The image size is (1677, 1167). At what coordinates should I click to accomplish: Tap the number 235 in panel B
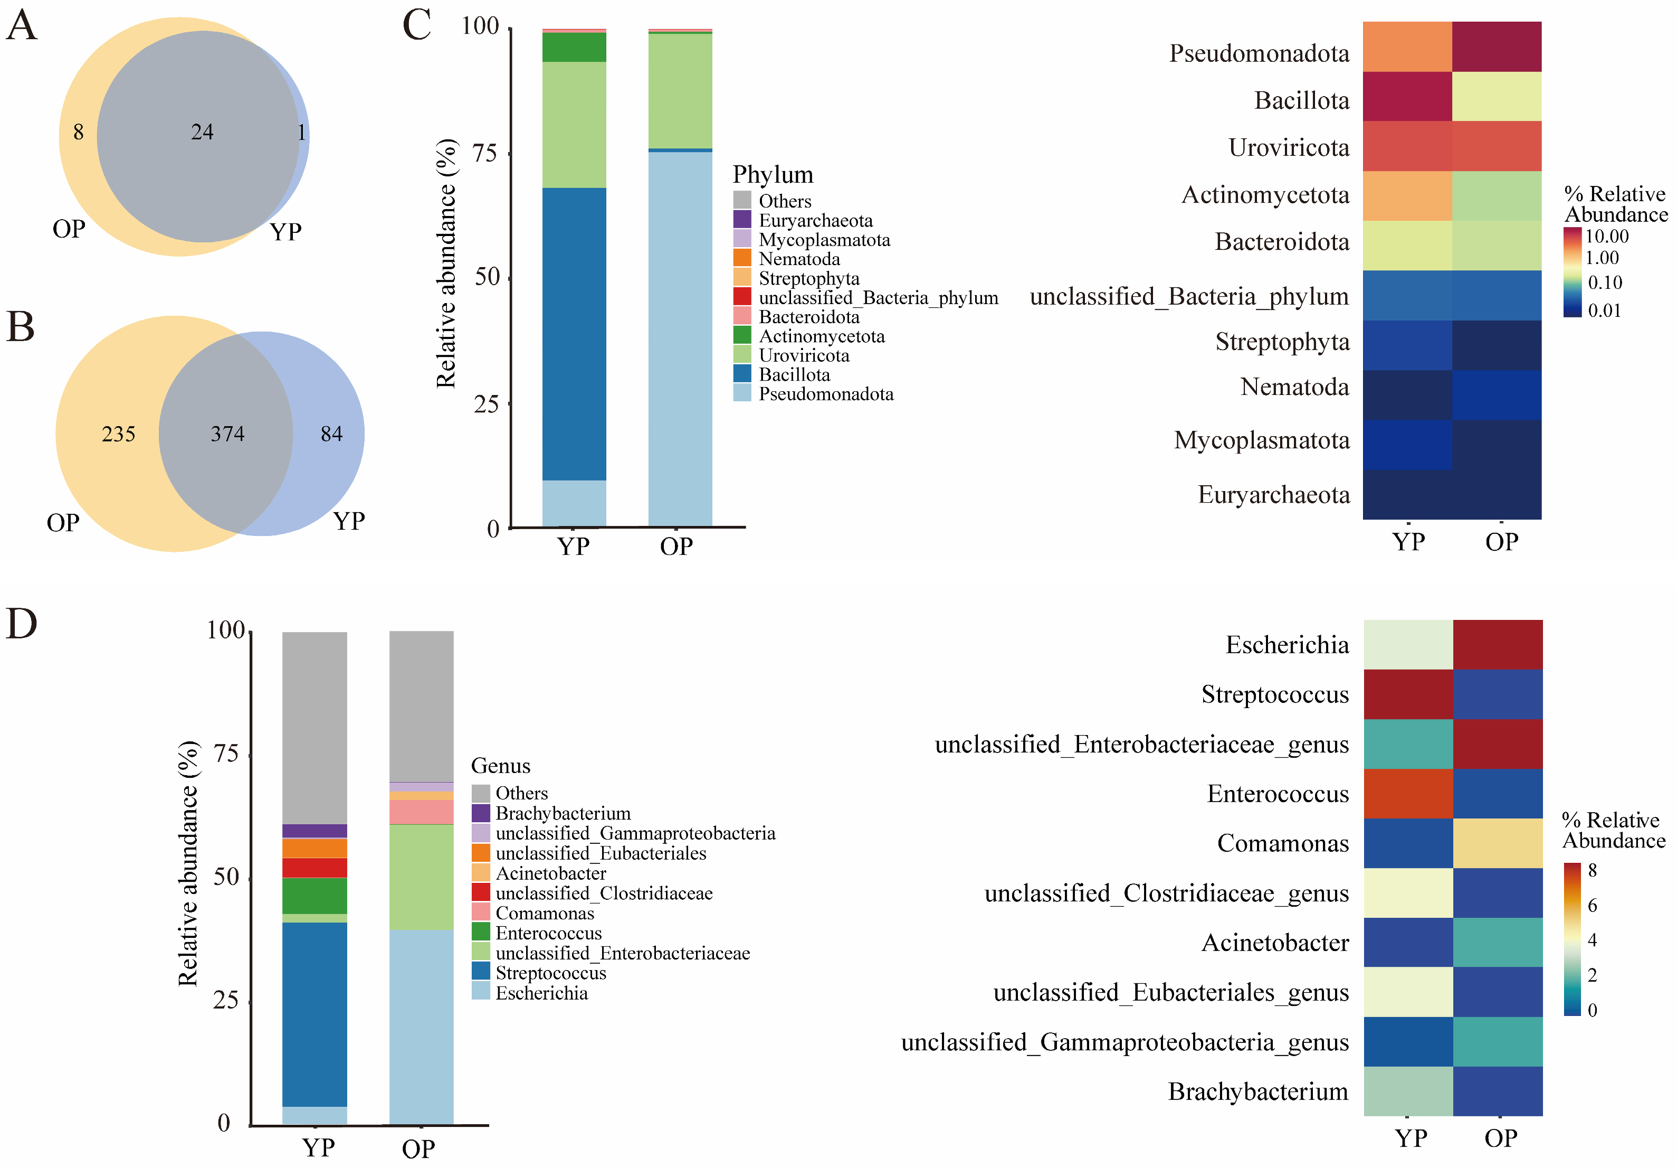click(118, 434)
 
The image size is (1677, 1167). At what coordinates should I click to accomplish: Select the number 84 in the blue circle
click(331, 434)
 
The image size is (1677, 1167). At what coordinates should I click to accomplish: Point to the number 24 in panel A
click(202, 132)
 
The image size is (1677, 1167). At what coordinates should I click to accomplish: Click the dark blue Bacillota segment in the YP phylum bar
click(574, 333)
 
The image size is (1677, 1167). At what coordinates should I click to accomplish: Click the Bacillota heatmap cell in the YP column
click(1407, 97)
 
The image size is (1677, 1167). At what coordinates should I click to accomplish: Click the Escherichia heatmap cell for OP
click(1498, 645)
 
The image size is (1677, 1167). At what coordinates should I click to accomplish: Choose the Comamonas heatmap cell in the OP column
click(1498, 843)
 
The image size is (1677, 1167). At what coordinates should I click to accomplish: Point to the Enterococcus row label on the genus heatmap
click(1278, 794)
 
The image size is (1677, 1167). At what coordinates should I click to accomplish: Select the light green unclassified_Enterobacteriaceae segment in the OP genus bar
click(422, 877)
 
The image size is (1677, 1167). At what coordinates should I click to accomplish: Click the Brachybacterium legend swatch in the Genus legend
click(481, 813)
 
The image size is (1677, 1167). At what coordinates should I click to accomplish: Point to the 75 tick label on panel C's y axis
click(485, 154)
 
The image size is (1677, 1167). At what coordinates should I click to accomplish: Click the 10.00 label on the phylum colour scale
click(1607, 236)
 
